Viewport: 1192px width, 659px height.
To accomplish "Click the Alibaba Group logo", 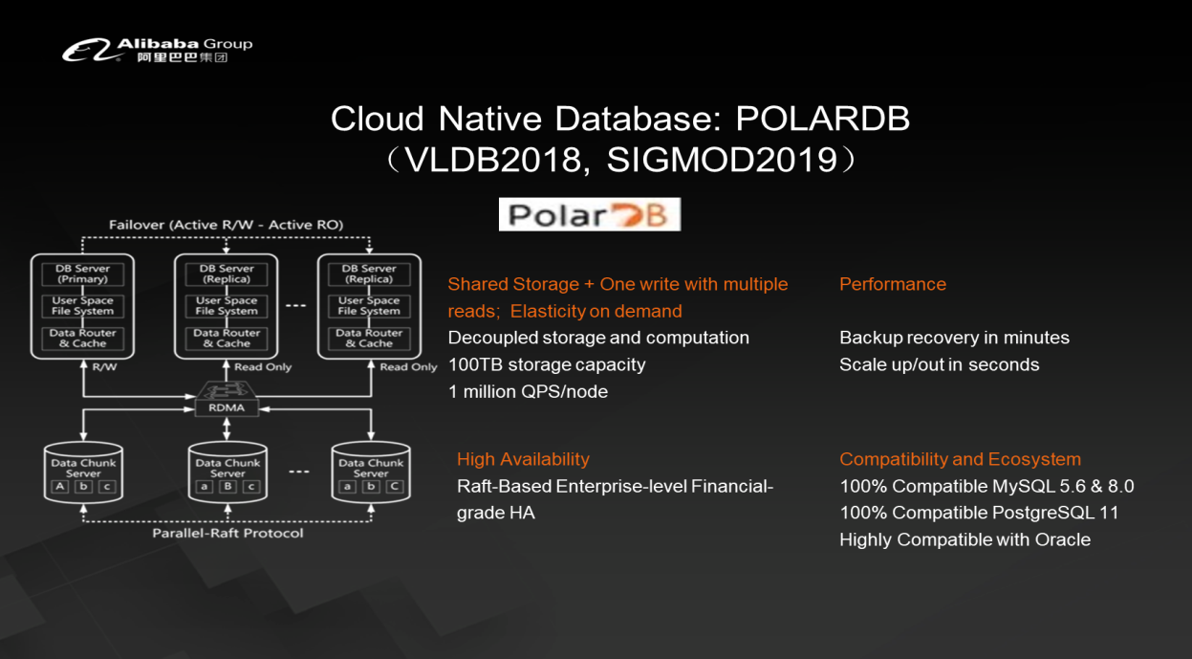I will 157,50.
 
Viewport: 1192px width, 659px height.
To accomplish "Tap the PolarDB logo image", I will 589,214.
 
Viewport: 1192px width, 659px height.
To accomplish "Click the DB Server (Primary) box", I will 83,274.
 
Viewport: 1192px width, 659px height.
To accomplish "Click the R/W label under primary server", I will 105,366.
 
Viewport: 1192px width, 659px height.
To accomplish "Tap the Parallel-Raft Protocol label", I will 228,533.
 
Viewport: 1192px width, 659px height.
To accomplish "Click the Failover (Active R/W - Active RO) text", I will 226,225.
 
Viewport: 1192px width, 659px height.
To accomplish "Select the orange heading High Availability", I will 523,459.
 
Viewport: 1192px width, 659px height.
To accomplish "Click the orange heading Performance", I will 892,284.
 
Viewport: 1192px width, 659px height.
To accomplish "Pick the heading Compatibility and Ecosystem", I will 960,459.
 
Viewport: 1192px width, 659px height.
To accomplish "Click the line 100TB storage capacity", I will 546,364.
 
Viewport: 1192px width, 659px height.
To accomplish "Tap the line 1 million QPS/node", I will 527,391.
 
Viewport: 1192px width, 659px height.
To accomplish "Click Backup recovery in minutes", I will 954,338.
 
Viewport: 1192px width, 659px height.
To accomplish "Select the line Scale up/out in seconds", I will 939,364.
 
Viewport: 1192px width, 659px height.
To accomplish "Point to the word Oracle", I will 1062,539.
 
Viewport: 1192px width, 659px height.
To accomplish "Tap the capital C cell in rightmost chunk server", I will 394,487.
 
